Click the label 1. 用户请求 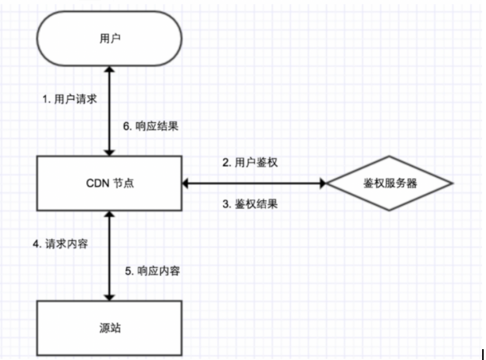[70, 99]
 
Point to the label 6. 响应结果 [151, 126]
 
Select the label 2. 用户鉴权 [250, 163]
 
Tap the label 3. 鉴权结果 [250, 204]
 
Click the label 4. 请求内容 [60, 244]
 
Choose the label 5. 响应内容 [152, 271]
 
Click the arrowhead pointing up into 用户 [110, 69]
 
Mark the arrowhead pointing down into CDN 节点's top [110, 153]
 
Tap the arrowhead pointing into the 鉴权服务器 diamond [323, 183]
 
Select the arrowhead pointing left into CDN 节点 [185, 183]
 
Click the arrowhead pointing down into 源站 [110, 298]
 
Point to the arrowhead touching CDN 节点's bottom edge [110, 214]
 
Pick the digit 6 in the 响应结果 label [126, 127]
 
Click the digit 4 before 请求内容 [36, 244]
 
